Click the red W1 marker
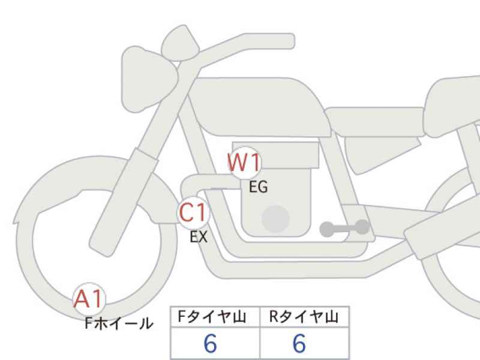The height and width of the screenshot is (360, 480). (245, 163)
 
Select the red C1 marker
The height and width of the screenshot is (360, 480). (193, 212)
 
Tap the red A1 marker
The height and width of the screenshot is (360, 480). (89, 299)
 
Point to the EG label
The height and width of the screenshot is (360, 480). (258, 187)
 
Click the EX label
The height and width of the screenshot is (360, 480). (199, 236)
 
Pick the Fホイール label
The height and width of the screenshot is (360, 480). (119, 323)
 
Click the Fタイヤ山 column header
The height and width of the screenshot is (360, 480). (212, 317)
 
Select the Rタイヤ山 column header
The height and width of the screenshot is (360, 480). (304, 317)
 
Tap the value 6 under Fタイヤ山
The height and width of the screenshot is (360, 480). (211, 343)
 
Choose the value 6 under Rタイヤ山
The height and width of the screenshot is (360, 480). (299, 343)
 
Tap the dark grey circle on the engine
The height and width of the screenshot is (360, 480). (275, 219)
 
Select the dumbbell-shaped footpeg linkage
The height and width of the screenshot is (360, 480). (344, 228)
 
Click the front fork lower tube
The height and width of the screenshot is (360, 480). (124, 202)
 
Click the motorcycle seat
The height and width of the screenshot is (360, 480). (375, 122)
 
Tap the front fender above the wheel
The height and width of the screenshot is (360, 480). (92, 175)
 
